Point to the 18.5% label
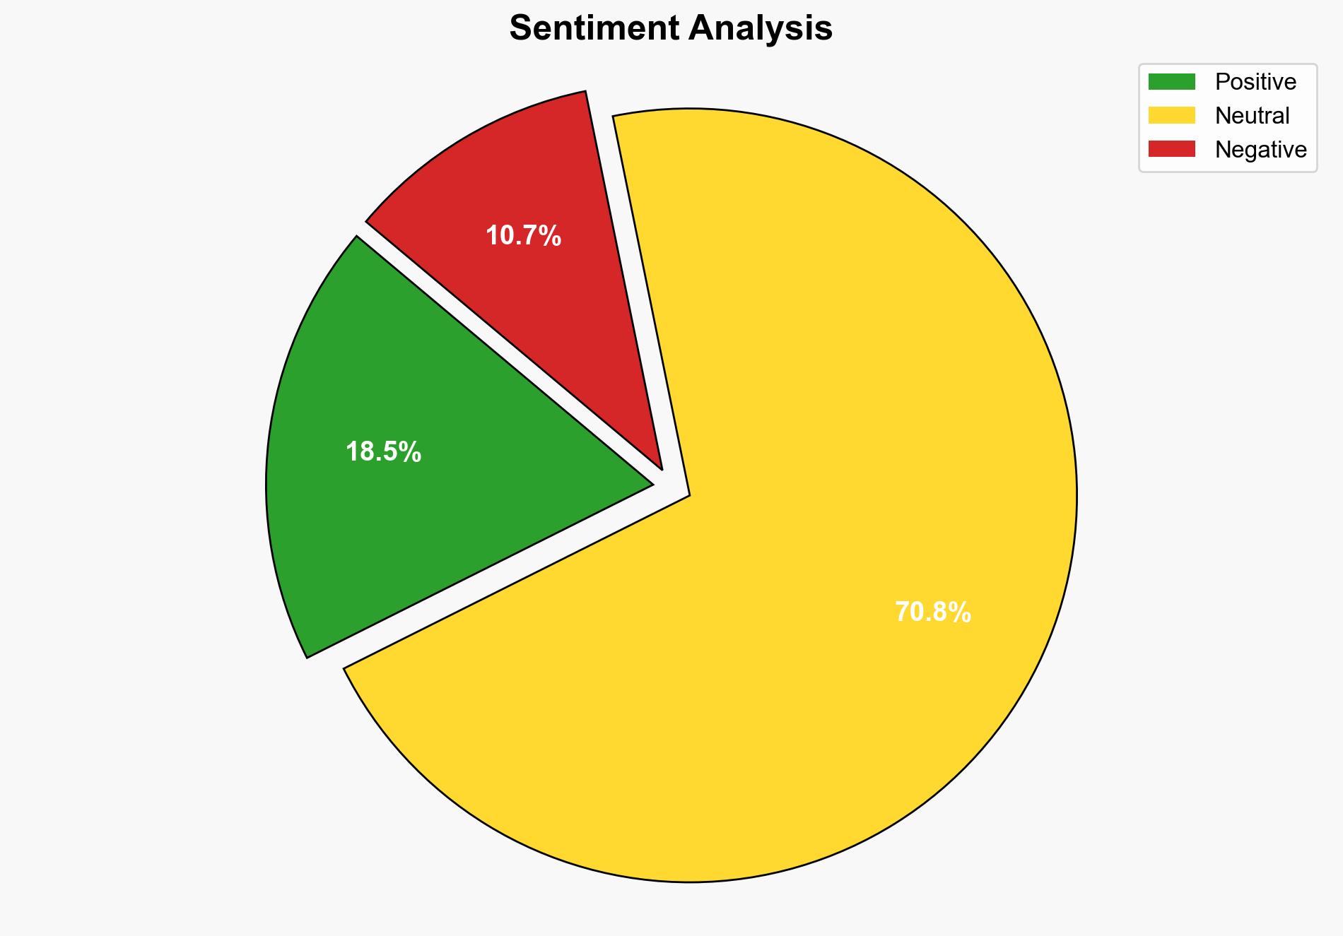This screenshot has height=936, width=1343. click(383, 452)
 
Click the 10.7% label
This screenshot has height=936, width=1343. click(523, 236)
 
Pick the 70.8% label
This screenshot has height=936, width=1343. click(932, 612)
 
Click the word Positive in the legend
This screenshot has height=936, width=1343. click(1255, 82)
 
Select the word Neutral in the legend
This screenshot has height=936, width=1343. click(1252, 116)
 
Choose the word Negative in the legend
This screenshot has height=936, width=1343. click(1260, 150)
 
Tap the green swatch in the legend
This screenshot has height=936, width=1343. click(1171, 82)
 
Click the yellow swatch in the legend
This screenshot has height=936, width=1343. click(1171, 115)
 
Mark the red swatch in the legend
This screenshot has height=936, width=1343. click(1171, 149)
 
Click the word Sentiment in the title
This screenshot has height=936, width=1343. click(594, 29)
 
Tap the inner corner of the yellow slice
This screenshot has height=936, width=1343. click(686, 494)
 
